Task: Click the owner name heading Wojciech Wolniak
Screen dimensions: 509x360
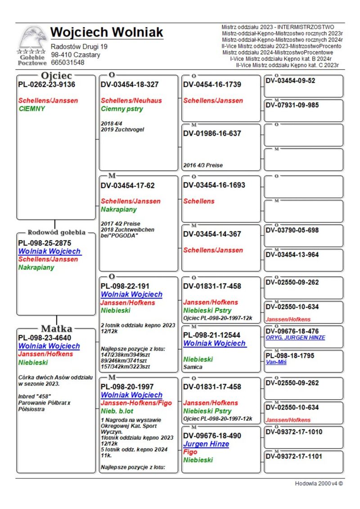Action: pos(107,32)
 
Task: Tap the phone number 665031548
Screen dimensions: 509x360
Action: pos(67,63)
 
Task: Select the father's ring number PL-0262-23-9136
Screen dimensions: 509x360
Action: pos(46,85)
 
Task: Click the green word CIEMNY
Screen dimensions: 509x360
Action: pos(32,108)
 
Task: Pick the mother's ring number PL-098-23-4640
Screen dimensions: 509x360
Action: pos(45,338)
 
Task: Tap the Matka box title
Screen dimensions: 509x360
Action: pos(57,328)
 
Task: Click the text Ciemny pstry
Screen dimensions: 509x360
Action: pos(122,108)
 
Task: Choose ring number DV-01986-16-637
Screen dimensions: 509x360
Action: pos(212,133)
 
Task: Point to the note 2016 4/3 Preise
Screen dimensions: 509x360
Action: pos(203,165)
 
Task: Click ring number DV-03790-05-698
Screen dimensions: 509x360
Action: pos(292,230)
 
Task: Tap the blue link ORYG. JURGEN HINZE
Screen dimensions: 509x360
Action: pos(295,338)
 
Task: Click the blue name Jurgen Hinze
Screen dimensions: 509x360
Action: pos(206,444)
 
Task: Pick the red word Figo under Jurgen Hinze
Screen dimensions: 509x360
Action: pos(191,452)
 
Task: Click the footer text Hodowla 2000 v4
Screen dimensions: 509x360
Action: pos(319,483)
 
